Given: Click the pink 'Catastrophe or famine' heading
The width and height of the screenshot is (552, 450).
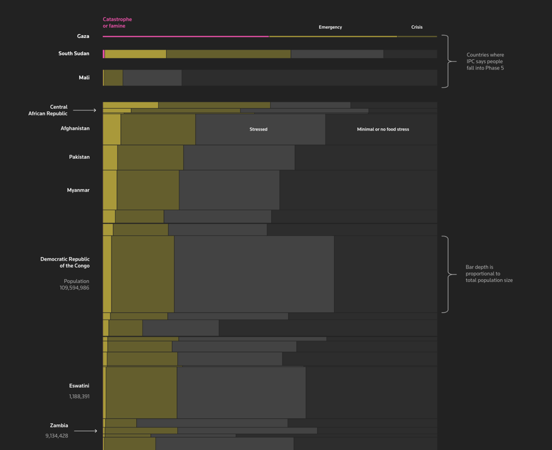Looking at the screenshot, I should point(117,22).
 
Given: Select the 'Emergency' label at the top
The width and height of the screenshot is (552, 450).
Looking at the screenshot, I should point(330,27).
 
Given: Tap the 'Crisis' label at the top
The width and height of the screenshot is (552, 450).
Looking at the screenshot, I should point(417,27).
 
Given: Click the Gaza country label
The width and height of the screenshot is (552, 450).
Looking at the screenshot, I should point(83,36).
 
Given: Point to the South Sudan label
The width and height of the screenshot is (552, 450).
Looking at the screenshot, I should point(74,54).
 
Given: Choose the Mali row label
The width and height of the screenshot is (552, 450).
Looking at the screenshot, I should point(84,78).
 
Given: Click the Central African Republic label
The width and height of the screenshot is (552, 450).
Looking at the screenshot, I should point(48,110).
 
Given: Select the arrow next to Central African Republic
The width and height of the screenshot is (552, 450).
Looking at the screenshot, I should point(85,110).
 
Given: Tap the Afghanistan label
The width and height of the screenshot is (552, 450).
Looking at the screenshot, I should point(75,128).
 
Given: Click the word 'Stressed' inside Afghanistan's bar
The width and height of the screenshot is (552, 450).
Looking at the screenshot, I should point(258,129).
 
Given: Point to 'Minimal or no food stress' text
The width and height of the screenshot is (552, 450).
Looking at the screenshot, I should point(383,129).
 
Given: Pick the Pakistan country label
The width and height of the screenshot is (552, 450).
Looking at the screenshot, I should point(79,157).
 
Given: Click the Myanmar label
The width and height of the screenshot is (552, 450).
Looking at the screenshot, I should point(78,190).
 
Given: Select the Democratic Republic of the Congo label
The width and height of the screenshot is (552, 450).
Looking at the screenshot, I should point(65,262).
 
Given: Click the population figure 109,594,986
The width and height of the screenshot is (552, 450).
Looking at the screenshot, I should point(74,288).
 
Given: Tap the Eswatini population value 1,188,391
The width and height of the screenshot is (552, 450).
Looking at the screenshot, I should point(79,396).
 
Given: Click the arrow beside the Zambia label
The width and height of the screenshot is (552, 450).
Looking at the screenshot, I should point(85,431).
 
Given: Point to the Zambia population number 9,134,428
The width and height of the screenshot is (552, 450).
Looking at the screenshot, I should point(56,436).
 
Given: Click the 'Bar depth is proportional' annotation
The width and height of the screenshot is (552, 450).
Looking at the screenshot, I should point(489,274).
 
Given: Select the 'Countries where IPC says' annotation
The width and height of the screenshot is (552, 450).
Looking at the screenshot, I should point(485,62).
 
